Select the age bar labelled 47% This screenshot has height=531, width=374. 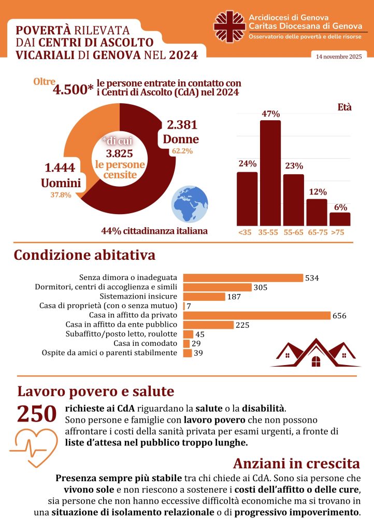270,173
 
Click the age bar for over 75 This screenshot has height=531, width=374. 340,219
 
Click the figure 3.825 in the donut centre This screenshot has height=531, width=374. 120,153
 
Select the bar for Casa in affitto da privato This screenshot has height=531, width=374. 257,315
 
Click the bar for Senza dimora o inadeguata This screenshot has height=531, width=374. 243,278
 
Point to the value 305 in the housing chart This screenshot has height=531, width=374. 261,287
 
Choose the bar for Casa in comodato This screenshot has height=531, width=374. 187,343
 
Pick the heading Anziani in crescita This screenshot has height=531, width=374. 296,463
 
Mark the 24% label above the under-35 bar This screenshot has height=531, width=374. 247,164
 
